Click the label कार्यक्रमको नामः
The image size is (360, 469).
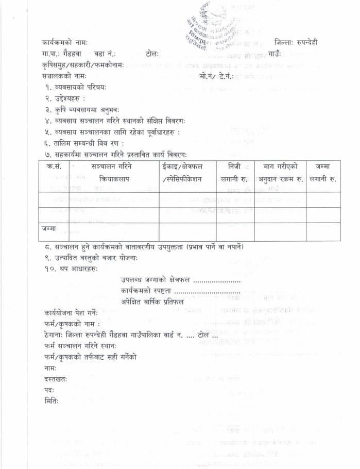click(x=65, y=42)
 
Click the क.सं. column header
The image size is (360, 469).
click(x=54, y=166)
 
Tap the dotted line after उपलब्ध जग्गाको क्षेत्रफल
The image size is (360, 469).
click(x=216, y=280)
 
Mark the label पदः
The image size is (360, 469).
click(x=49, y=390)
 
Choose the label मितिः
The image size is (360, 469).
click(x=51, y=401)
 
